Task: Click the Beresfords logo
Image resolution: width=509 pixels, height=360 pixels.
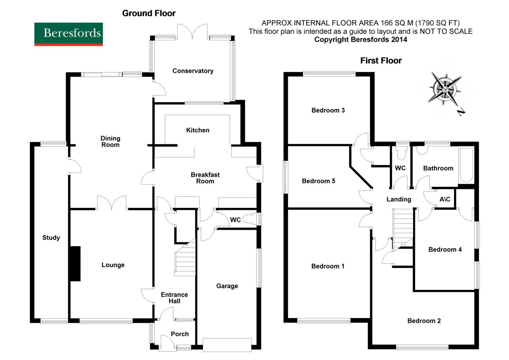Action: point(68,34)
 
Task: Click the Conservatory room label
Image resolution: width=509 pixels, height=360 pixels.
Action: point(193,71)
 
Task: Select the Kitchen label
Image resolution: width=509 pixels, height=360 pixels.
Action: point(197,130)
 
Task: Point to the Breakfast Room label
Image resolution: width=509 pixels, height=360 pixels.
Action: point(205,178)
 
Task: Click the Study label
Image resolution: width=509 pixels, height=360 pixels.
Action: point(51,238)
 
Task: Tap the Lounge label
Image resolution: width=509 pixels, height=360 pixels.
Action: point(113,265)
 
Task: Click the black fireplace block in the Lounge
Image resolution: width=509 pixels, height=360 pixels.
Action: point(75,264)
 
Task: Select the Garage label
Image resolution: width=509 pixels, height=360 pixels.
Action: point(227,286)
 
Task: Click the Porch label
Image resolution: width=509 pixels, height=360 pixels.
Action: point(180,334)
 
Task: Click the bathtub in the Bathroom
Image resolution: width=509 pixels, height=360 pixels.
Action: point(466,165)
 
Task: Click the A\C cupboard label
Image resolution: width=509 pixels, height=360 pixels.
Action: point(444,199)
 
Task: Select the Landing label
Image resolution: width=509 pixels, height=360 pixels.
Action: point(399,199)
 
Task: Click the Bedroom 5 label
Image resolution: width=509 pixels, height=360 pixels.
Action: point(318,181)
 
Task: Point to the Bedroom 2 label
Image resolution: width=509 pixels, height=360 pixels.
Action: point(424,321)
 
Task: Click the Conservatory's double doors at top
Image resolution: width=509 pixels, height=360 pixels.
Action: point(192,31)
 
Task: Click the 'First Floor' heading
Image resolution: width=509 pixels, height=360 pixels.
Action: point(381,61)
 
